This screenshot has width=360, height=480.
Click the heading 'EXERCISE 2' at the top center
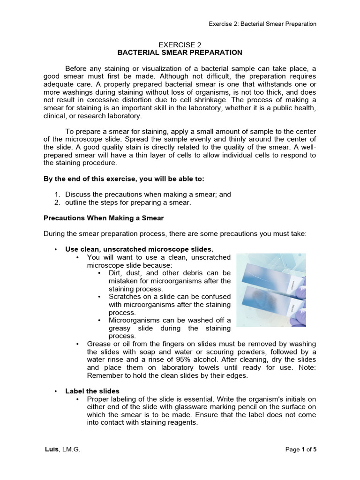(180, 44)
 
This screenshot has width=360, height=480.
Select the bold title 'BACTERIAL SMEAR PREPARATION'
(180, 52)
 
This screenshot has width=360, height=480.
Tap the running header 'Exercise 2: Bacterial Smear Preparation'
(262, 24)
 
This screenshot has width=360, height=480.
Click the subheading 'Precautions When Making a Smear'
(103, 218)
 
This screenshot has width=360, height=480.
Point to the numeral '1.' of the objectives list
(57, 194)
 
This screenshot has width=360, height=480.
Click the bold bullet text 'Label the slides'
(92, 391)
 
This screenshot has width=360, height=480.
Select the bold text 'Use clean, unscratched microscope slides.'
(135, 249)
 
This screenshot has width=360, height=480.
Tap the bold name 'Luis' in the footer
(51, 449)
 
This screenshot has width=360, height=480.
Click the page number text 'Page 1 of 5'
(301, 449)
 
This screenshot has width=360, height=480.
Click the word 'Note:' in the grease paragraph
(307, 367)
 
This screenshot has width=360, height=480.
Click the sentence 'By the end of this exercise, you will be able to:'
(124, 179)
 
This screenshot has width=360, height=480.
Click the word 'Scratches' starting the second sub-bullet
(124, 297)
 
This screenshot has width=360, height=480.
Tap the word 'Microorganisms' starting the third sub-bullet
(133, 320)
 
